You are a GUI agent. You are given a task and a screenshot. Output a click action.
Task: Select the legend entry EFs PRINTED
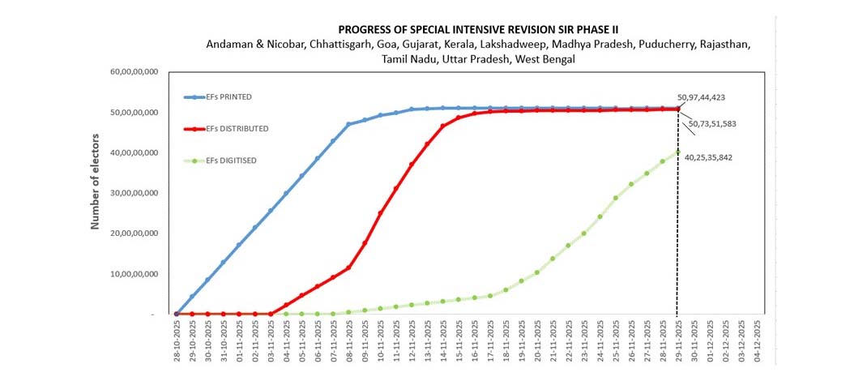tap(228, 96)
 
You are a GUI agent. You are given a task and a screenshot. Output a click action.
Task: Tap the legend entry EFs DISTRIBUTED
tap(237, 128)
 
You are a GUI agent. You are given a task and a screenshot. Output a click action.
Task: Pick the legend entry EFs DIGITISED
tap(232, 161)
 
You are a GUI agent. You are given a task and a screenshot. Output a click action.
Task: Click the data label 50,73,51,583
tap(718, 124)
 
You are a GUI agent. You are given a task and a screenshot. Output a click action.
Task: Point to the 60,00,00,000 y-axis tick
tap(135, 72)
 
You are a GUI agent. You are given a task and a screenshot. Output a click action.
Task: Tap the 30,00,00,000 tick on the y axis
tap(135, 193)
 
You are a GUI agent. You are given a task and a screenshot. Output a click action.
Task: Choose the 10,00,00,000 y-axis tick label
tap(135, 274)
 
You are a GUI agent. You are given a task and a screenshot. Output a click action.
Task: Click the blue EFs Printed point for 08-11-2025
tap(348, 124)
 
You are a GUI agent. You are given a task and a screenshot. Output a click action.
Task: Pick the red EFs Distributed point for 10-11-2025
tap(380, 213)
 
